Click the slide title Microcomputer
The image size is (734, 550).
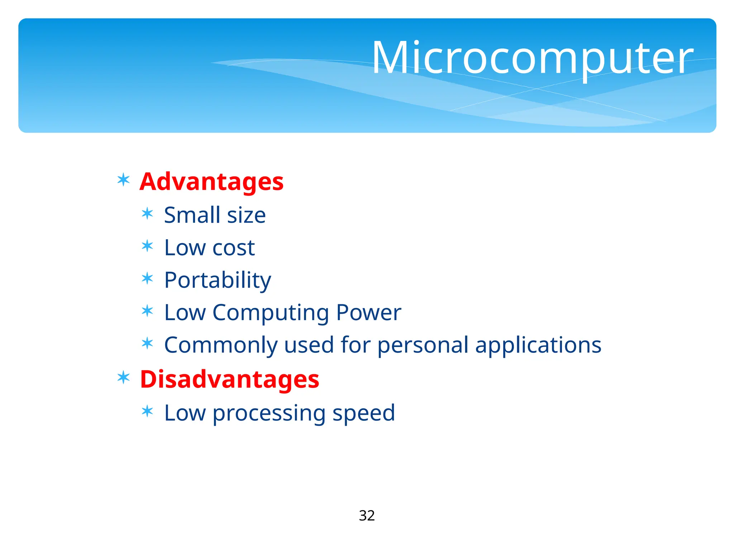(533, 58)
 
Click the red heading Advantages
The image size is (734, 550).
(211, 182)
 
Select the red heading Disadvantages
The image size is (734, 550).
(229, 379)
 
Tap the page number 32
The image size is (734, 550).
(367, 516)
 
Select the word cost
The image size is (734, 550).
(233, 248)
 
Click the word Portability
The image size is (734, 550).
(218, 280)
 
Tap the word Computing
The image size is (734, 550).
(271, 313)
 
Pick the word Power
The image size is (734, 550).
(368, 313)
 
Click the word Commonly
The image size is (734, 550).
(221, 346)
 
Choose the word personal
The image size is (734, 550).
(423, 346)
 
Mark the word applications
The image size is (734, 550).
(538, 346)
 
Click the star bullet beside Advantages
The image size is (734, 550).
(123, 180)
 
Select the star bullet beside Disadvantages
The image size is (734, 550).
(123, 377)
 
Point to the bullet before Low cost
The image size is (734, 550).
(147, 246)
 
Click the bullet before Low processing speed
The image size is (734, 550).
(147, 411)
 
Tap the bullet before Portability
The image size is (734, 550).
(147, 278)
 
